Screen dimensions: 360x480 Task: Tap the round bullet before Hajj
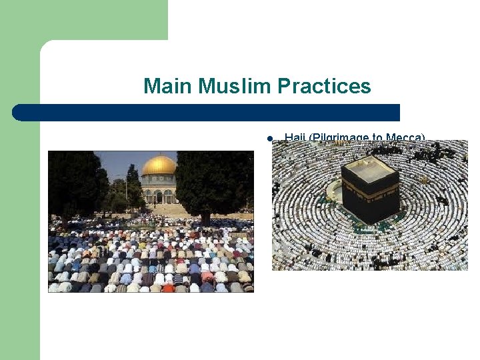coord(269,139)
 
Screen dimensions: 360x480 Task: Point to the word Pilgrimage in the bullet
coord(342,138)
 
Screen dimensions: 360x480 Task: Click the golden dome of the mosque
coord(159,165)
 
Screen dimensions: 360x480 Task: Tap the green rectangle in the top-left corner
coord(83,19)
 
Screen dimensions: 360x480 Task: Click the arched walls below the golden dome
coord(159,195)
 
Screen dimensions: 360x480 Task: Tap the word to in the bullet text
coord(378,138)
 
